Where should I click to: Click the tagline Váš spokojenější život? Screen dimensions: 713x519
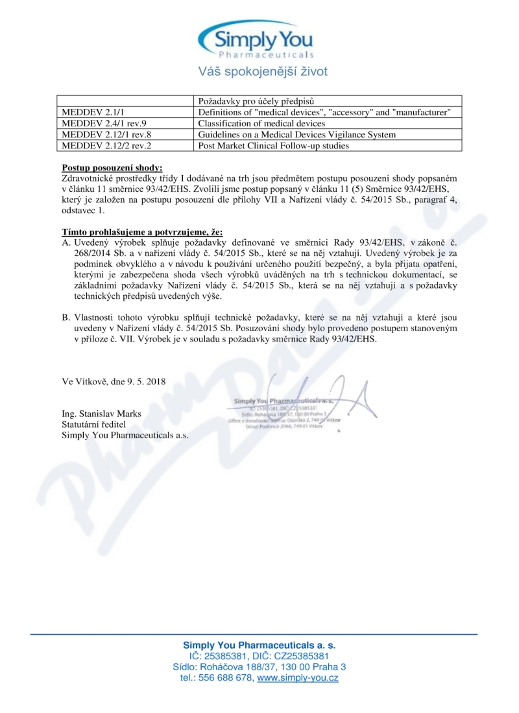coord(263,71)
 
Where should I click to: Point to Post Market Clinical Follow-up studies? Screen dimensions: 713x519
coord(273,146)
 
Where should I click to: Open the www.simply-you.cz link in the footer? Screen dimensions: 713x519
coord(298,678)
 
